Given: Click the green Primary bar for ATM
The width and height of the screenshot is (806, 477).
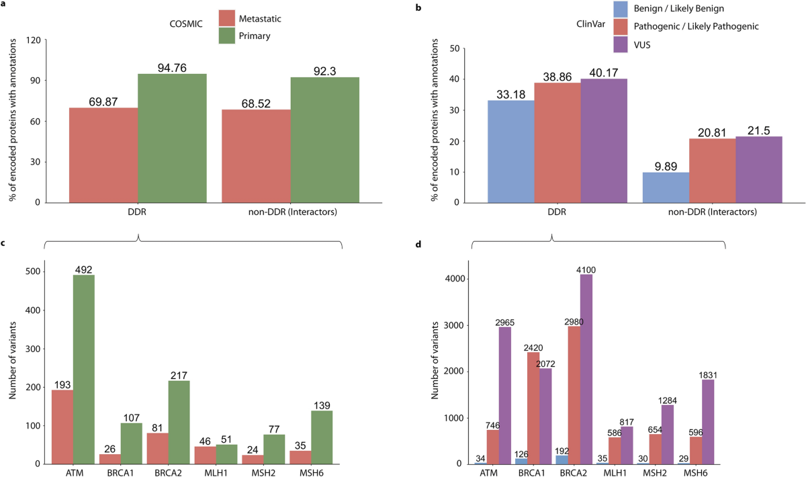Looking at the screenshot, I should [x=84, y=370].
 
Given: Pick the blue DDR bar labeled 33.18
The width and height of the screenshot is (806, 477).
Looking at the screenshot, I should [x=511, y=151].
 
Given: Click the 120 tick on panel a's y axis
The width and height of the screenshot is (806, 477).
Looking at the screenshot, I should [x=31, y=40].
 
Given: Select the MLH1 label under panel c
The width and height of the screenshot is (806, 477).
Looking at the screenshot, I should [x=216, y=473].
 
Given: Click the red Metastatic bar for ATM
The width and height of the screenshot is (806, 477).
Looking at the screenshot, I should [x=62, y=427].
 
